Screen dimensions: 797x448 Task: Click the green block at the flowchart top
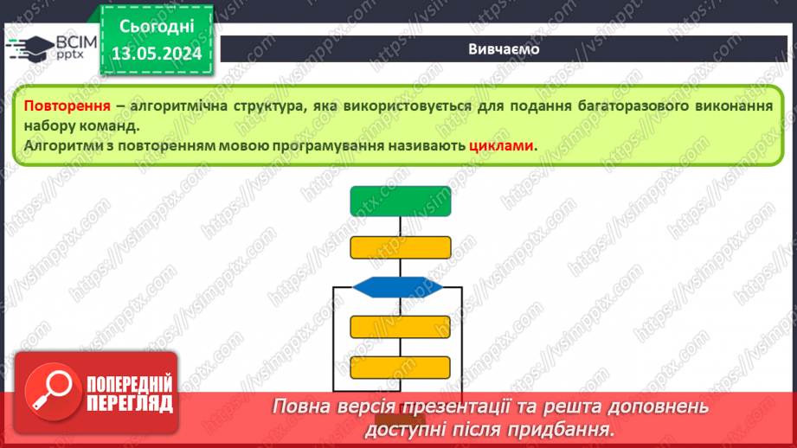tap(401, 202)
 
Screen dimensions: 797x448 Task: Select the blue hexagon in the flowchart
tap(397, 287)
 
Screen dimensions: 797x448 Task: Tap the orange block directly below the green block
tap(401, 247)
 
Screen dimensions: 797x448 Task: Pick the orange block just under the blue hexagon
tap(401, 327)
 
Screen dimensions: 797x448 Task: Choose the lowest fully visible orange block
tap(401, 368)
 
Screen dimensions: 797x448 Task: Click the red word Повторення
tap(67, 106)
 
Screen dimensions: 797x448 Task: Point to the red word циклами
tap(501, 145)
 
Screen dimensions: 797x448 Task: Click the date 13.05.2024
tap(157, 54)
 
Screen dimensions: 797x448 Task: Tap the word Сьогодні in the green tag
tap(157, 27)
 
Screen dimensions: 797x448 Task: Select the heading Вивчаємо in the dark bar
tap(504, 49)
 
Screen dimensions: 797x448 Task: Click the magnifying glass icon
tap(52, 391)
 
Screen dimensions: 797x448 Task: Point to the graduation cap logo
tap(30, 48)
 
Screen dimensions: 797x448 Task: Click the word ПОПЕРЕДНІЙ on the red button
tap(130, 385)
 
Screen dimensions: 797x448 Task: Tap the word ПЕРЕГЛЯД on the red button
tap(130, 404)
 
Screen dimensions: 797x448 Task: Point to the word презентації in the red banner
tap(456, 406)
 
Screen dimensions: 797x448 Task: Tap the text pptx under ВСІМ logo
tap(69, 54)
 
